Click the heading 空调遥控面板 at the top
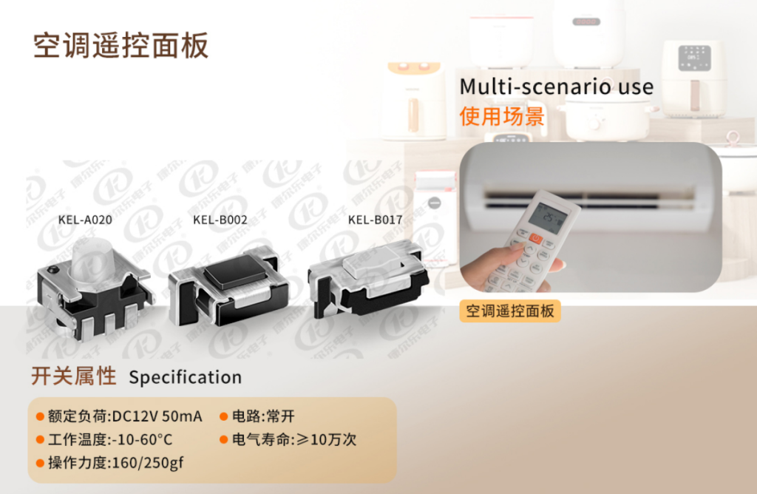click(121, 46)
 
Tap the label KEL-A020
click(85, 220)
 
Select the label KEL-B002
click(220, 220)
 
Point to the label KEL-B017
click(375, 219)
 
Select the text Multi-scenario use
click(556, 87)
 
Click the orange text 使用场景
click(501, 116)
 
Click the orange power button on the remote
click(534, 238)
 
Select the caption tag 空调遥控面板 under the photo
click(510, 311)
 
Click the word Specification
click(185, 377)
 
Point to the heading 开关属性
click(73, 376)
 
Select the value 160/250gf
click(146, 464)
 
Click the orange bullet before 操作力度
click(41, 464)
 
